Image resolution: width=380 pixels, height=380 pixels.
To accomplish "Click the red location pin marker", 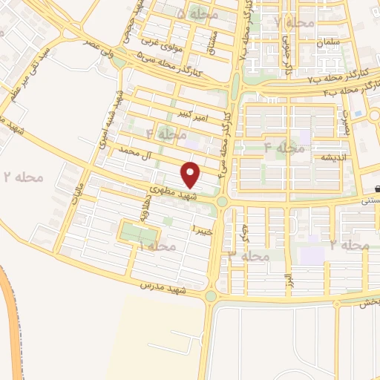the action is (191, 174).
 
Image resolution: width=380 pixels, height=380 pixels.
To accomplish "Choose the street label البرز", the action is (287, 281).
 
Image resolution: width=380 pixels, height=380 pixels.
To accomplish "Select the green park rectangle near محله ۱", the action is (135, 232).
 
